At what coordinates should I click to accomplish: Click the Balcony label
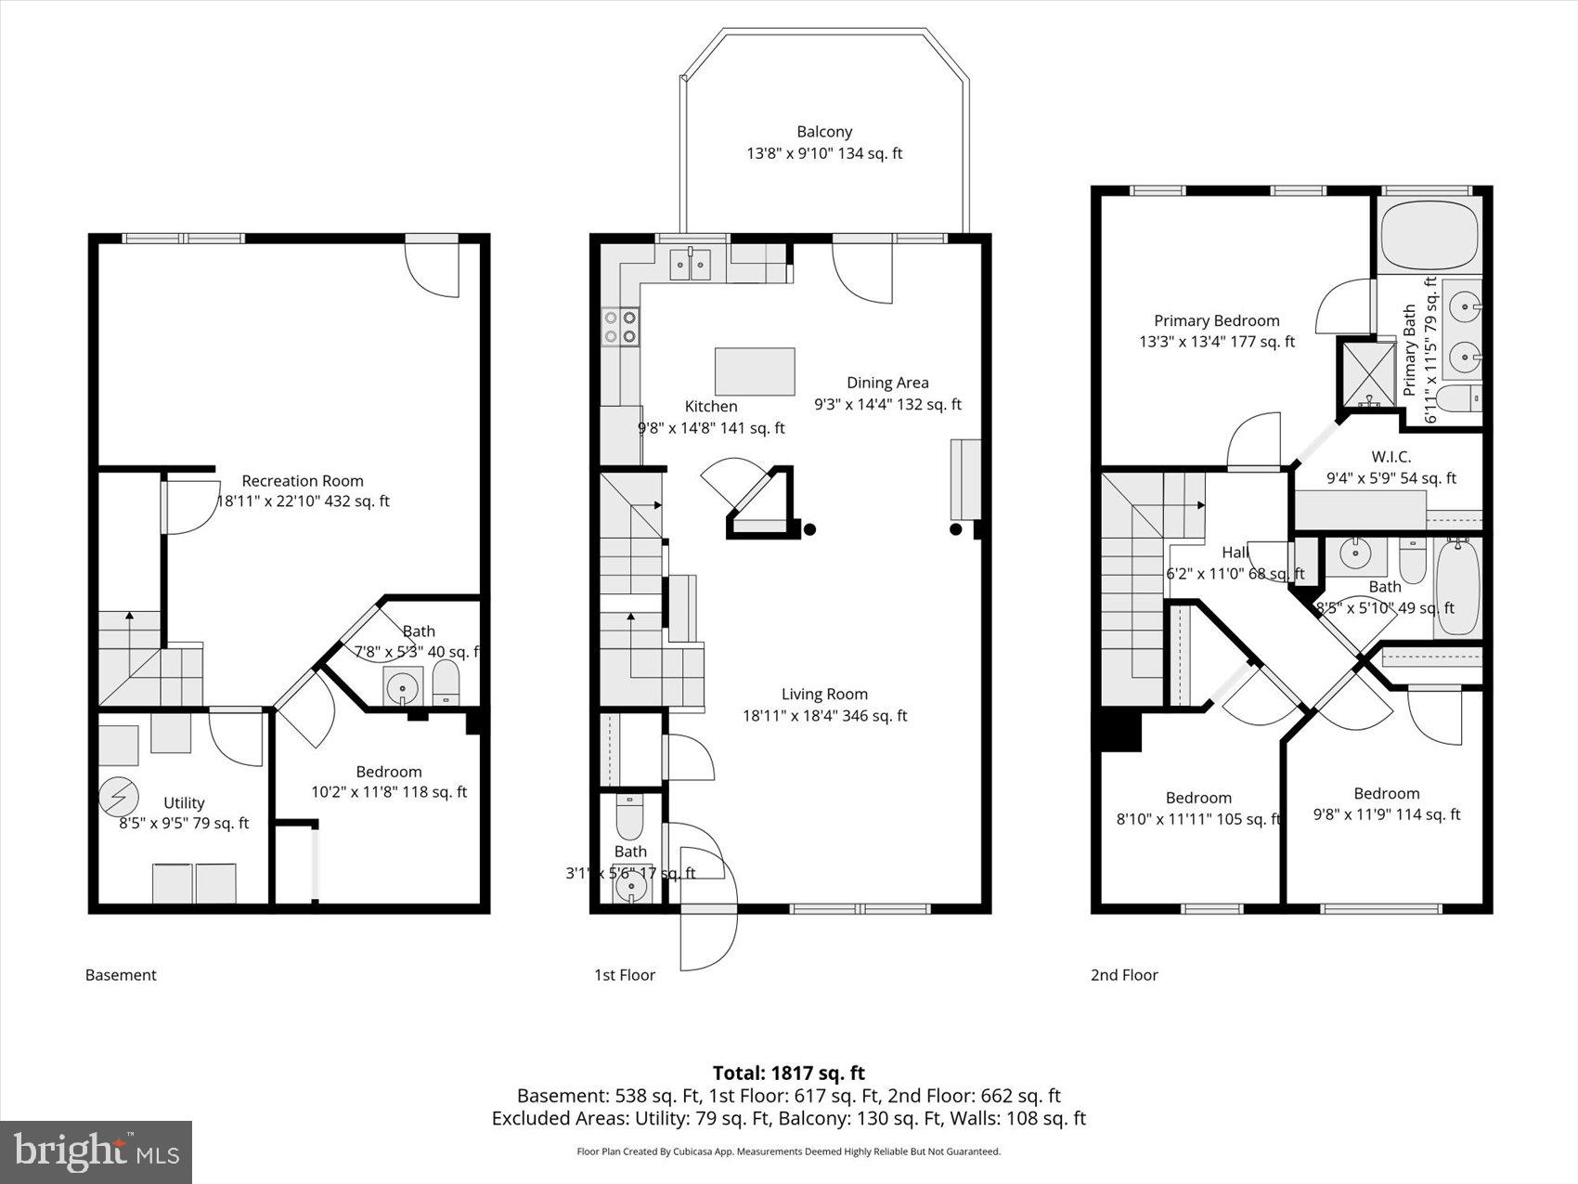(824, 133)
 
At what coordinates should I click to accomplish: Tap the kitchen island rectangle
(755, 371)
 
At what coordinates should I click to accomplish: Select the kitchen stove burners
(621, 326)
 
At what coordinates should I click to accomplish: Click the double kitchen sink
(692, 265)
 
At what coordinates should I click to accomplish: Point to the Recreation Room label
(303, 481)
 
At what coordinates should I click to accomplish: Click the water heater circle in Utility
(119, 797)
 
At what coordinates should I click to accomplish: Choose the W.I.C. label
(1390, 457)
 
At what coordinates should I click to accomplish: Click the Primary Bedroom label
(1216, 321)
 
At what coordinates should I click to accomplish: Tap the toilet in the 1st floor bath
(630, 816)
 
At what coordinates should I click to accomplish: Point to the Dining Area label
(887, 383)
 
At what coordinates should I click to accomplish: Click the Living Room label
(824, 695)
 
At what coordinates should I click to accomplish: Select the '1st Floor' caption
(625, 975)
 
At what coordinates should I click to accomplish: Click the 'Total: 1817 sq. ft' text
(788, 1073)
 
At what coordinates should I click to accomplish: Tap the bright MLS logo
(97, 1151)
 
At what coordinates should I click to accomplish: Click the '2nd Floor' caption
(1124, 975)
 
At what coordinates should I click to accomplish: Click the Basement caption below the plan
(121, 975)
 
